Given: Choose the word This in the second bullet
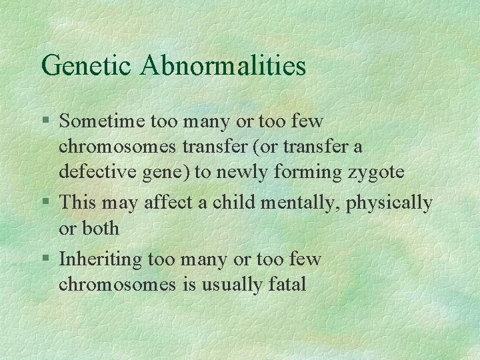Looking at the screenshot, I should coord(76,202).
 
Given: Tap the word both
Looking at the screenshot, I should coord(101,228).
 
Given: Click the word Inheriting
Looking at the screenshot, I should coord(97,259).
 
